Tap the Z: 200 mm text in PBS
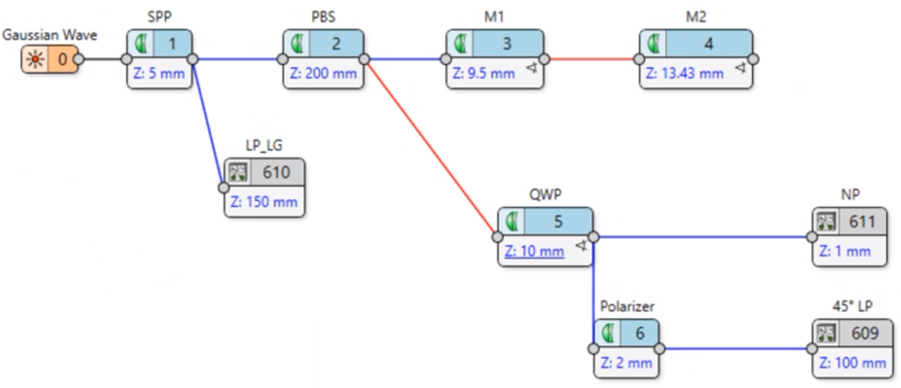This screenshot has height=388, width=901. click(323, 73)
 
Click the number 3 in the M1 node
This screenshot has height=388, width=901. click(507, 44)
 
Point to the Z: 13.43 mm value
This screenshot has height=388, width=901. click(685, 73)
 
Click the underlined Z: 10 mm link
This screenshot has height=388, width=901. click(535, 251)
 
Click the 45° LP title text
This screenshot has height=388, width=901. click(851, 306)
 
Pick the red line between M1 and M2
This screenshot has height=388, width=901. click(591, 59)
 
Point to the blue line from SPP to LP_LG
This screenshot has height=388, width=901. click(208, 123)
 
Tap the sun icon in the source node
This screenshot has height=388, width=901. click(35, 60)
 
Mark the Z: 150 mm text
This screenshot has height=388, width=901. click(264, 202)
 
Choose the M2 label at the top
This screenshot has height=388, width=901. click(696, 17)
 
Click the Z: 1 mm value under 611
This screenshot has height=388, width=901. click(845, 251)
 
